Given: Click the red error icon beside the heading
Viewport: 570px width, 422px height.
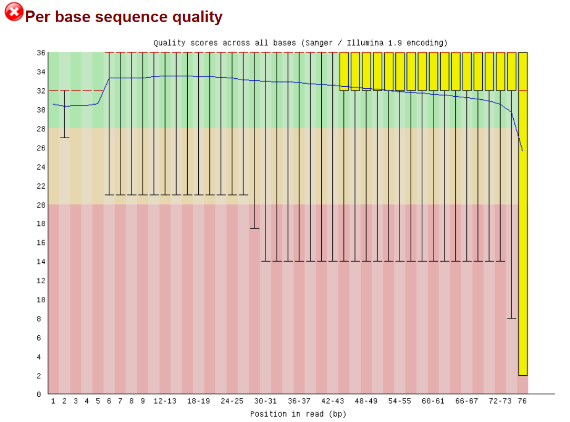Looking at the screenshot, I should [x=14, y=12].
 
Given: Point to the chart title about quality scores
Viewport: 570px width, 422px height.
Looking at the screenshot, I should [x=300, y=43].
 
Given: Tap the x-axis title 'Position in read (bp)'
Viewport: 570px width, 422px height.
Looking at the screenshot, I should [x=298, y=414].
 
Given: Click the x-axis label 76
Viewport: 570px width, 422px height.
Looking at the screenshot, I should [x=523, y=401].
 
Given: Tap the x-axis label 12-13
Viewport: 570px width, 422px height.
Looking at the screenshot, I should [x=165, y=401].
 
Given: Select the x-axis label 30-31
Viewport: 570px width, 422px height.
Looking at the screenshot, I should [x=265, y=401].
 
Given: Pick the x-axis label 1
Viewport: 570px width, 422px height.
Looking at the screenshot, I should [x=53, y=401].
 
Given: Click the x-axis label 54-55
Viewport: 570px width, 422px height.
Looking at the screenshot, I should [x=400, y=401].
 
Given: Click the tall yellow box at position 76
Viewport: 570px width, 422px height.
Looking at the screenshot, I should [x=523, y=210].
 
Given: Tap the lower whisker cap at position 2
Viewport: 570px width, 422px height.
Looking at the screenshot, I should [x=64, y=138].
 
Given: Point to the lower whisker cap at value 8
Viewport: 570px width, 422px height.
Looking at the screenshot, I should [x=511, y=318].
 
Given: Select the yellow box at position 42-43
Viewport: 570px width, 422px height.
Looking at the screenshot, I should [x=344, y=71].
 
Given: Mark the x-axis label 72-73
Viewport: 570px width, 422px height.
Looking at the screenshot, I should [x=500, y=401].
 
